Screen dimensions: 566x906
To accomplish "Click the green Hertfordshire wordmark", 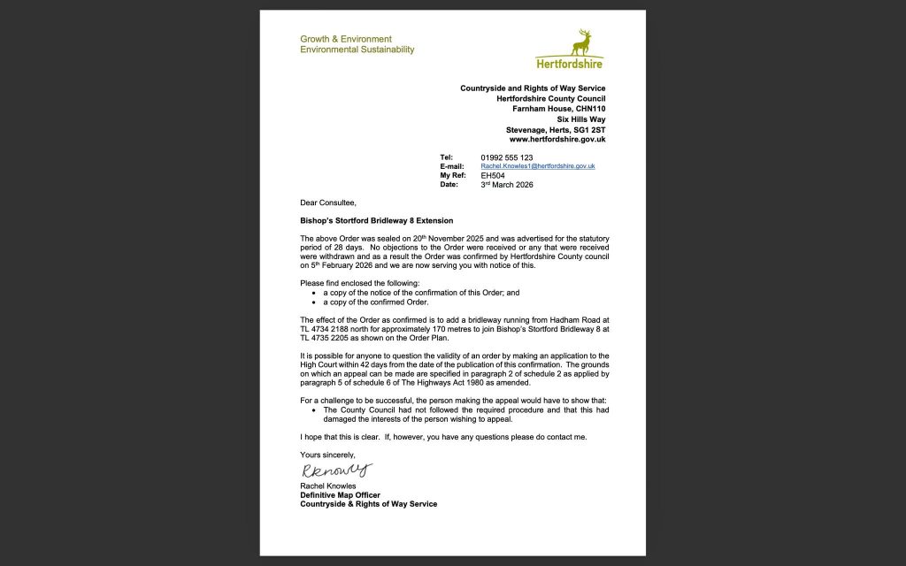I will [569, 64].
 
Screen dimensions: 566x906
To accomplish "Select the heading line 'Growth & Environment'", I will [346, 39].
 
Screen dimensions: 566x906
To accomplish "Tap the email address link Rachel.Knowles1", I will [537, 166].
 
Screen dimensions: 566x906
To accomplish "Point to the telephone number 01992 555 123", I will [507, 157].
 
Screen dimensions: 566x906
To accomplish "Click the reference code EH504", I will [493, 175].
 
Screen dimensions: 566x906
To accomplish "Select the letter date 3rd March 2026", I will [507, 185].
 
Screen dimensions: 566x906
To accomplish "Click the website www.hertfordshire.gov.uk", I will [557, 139].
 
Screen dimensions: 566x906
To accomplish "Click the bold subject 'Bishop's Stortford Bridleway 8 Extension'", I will [377, 220].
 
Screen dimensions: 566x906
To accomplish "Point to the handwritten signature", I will [337, 470].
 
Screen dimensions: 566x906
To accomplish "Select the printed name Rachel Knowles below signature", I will [328, 486].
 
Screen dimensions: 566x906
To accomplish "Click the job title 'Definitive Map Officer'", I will [341, 495].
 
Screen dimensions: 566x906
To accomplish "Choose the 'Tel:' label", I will [446, 157].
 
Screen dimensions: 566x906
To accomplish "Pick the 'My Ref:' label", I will [453, 175].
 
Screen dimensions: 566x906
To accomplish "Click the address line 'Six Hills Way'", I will [581, 119].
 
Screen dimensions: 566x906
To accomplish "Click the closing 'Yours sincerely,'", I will [327, 455].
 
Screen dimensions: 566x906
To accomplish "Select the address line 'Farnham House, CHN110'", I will [559, 108].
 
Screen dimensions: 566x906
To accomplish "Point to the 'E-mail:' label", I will [452, 166].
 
